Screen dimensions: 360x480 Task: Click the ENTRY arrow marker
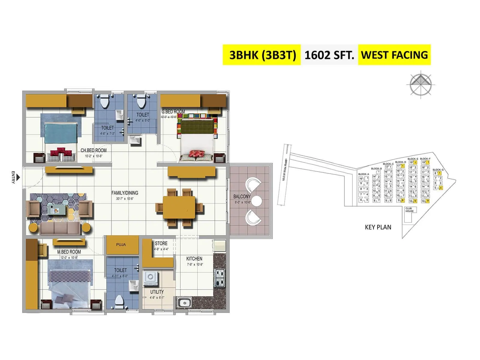click(x=18, y=178)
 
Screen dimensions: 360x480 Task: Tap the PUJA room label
click(x=121, y=244)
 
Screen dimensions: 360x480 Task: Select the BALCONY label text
click(x=242, y=196)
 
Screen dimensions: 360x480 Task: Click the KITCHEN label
click(x=194, y=259)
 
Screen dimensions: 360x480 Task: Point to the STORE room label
click(x=161, y=243)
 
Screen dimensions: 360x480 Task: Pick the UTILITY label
click(x=157, y=292)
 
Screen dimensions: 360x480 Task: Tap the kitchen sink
click(x=184, y=303)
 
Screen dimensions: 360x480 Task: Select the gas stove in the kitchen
click(x=219, y=278)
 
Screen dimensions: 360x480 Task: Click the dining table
click(x=179, y=208)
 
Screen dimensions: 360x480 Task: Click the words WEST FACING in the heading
click(x=394, y=55)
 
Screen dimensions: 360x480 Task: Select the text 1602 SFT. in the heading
click(x=329, y=55)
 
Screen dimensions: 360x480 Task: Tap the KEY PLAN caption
click(x=378, y=227)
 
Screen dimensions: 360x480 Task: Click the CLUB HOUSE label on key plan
click(x=409, y=210)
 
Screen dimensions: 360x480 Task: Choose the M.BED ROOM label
click(x=69, y=252)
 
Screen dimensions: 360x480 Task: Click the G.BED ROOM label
click(x=173, y=112)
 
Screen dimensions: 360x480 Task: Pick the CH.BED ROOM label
click(x=93, y=150)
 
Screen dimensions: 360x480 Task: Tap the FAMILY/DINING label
click(x=125, y=193)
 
